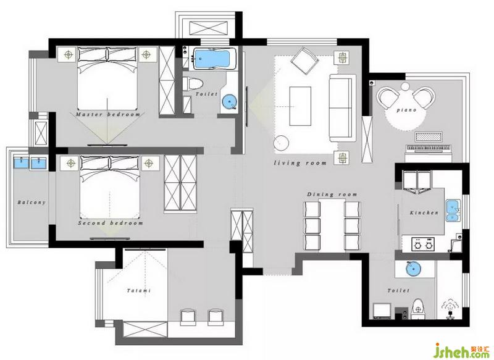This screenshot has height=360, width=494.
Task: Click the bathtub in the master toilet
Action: pyautogui.click(x=214, y=58)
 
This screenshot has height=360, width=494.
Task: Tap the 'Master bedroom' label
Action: pyautogui.click(x=108, y=114)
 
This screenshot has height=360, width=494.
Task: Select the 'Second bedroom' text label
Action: pyautogui.click(x=111, y=223)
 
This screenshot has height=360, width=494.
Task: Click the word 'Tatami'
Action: pyautogui.click(x=138, y=290)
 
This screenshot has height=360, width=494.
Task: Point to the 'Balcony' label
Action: pyautogui.click(x=31, y=202)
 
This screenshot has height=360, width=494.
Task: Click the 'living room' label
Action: pyautogui.click(x=300, y=163)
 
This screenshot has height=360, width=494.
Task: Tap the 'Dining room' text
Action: pyautogui.click(x=332, y=195)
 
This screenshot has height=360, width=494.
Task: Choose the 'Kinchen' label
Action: pyautogui.click(x=424, y=212)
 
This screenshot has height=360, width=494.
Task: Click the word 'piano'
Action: pyautogui.click(x=406, y=110)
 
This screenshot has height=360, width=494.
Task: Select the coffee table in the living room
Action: pyautogui.click(x=300, y=106)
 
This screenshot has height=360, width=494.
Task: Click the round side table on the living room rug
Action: pyautogui.click(x=281, y=144)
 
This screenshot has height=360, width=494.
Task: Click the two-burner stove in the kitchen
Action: pyautogui.click(x=423, y=245)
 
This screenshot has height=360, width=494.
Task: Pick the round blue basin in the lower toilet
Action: pyautogui.click(x=413, y=269)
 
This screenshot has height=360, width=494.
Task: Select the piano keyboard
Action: pyautogui.click(x=429, y=148)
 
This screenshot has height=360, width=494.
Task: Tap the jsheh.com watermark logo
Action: pyautogui.click(x=461, y=351)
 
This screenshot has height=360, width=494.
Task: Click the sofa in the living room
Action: pyautogui.click(x=341, y=107)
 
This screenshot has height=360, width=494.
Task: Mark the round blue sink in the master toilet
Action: pyautogui.click(x=229, y=101)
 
